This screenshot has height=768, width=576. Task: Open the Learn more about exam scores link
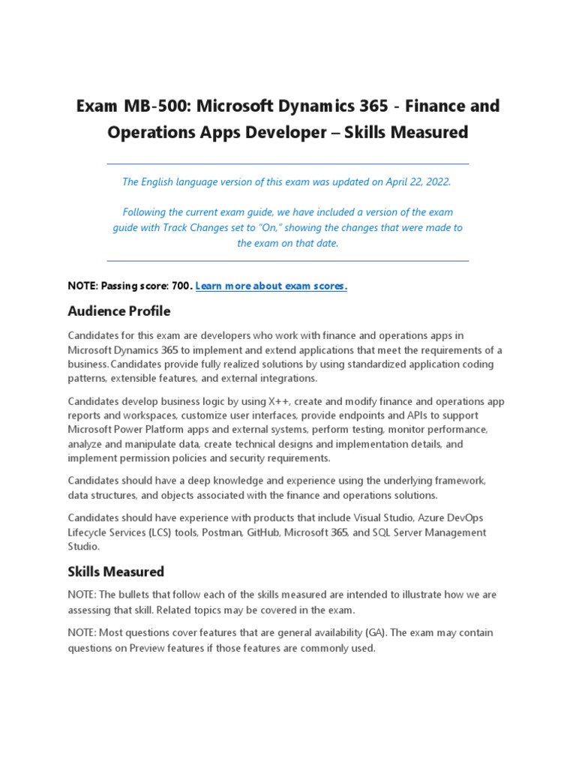click(x=271, y=286)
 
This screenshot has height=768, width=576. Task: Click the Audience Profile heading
click(x=118, y=310)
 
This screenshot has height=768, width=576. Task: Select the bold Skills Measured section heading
click(x=115, y=571)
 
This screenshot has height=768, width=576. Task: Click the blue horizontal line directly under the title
click(x=288, y=163)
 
